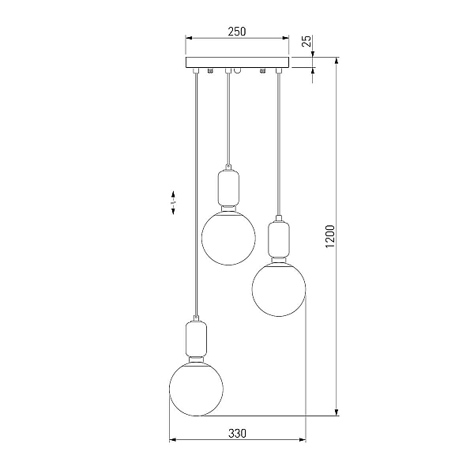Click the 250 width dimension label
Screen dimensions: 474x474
[x=237, y=32]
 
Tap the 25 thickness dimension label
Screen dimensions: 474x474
[x=307, y=41]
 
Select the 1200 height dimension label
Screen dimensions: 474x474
[x=330, y=236]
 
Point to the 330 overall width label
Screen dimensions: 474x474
[x=237, y=434]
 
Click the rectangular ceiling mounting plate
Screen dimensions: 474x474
[x=237, y=62]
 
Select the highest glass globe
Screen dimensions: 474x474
[x=228, y=238]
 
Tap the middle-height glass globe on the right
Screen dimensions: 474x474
[x=279, y=289]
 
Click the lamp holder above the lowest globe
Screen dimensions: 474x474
[x=197, y=339]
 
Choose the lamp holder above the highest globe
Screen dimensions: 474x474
[x=228, y=188]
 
